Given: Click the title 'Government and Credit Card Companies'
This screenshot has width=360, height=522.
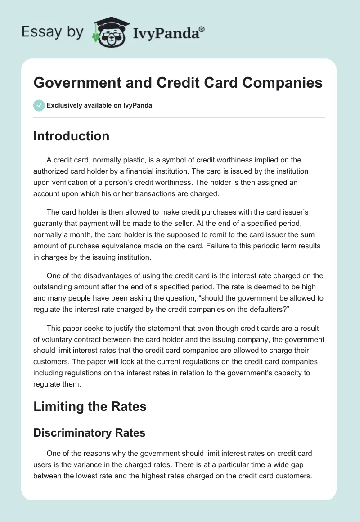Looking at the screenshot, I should pos(178,83).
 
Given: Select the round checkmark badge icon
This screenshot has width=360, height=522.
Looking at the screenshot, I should pos(39,105).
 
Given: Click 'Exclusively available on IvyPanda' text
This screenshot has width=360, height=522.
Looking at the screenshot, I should pos(99,106).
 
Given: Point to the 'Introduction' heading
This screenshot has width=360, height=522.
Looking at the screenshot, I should pos(71,136).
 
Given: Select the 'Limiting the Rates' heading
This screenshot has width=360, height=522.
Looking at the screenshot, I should pos(90,406).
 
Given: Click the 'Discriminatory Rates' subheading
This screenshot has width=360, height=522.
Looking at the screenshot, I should pos(89,433).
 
